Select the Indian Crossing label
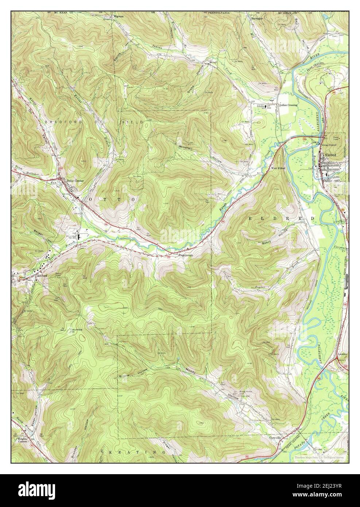288,105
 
